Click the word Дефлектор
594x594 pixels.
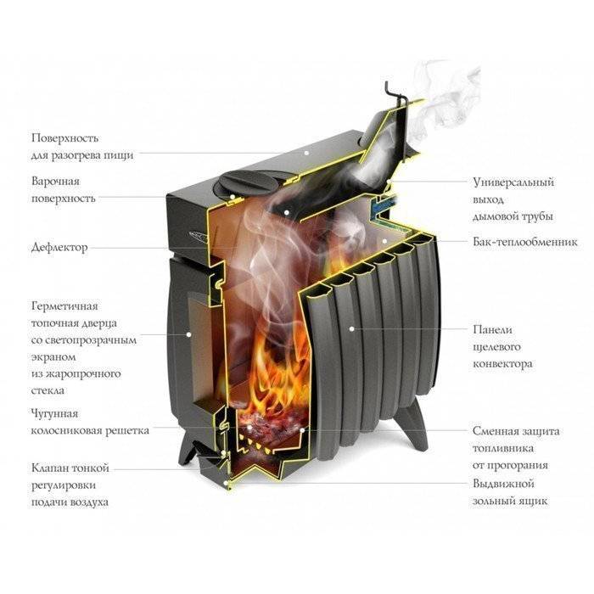[59, 248]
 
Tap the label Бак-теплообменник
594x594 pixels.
[525, 242]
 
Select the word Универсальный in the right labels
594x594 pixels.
[513, 182]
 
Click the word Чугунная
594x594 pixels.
[54, 414]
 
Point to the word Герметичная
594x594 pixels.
[64, 306]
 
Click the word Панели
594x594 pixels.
[492, 329]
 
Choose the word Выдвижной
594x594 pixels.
[503, 484]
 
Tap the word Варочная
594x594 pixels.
[56, 181]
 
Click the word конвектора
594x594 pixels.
[502, 364]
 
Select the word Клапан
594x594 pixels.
[49, 468]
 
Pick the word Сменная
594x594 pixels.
[496, 431]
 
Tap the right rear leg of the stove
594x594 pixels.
[415, 423]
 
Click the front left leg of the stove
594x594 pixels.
[187, 450]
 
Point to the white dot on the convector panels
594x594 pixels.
[352, 329]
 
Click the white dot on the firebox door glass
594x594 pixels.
[188, 334]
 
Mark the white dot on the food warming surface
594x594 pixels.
[305, 153]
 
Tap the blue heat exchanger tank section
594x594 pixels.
[384, 205]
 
